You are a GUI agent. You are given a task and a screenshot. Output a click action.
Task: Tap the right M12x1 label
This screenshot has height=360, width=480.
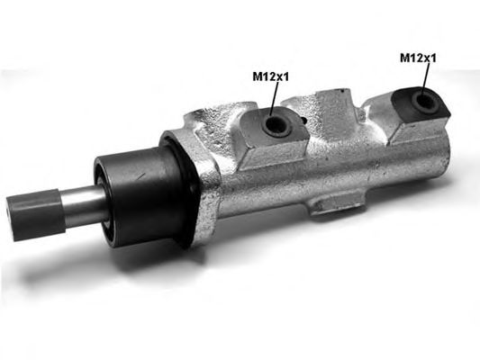418,58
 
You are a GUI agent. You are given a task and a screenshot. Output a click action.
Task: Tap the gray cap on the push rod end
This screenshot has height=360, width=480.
35,215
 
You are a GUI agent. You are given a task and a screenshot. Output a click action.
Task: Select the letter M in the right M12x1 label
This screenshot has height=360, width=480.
404,58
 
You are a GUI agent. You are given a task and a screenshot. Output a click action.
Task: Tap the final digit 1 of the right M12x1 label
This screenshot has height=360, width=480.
434,58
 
